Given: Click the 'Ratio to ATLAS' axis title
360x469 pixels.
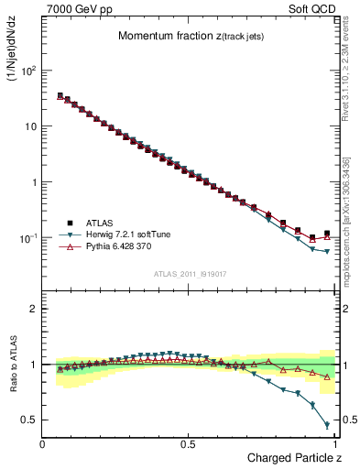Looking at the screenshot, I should click(14, 365).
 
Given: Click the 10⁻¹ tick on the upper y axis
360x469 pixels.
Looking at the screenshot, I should click(28, 238).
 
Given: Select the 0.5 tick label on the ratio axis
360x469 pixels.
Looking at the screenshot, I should click(28, 420).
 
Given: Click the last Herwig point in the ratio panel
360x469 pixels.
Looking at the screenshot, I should click(327, 425).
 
